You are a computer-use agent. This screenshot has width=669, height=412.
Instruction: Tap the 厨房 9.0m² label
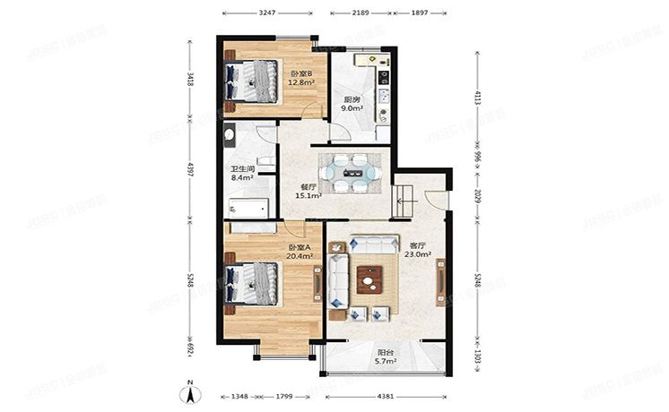352,104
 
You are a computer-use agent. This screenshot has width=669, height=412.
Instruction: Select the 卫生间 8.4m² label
242,173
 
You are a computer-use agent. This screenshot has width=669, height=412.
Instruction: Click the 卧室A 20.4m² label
300,252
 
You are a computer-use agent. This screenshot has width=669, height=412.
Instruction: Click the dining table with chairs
353,170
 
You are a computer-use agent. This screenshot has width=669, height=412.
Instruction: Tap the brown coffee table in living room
369,280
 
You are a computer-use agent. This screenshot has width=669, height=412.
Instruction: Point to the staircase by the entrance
402,196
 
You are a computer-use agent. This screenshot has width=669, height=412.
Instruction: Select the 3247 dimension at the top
266,14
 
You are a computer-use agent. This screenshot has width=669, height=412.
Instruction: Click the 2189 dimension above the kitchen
361,14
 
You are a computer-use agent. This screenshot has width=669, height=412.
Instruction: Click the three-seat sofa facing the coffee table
375,243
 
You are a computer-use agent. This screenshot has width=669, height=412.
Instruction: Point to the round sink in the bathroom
230,135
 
